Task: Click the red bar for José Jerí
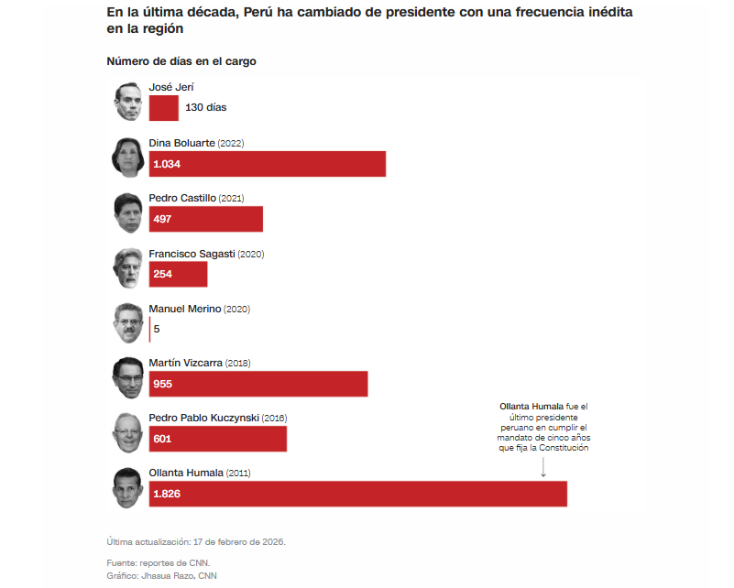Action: coord(163,108)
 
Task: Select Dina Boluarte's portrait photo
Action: coord(128,157)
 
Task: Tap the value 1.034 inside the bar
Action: coord(167,164)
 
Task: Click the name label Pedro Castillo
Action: coord(182,198)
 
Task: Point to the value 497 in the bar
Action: coord(162,219)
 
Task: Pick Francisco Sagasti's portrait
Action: coord(128,267)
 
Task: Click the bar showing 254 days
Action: coord(178,274)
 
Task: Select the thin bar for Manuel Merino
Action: coord(149,329)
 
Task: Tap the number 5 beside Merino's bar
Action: coord(157,329)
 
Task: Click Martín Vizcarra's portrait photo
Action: coord(128,376)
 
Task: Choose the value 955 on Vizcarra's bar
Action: coord(163,384)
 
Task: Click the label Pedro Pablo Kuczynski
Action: coord(204,418)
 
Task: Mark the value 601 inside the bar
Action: coord(162,439)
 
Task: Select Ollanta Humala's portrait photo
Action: coord(128,486)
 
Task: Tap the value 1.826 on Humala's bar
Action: coord(167,494)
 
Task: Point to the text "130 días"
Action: coord(206,107)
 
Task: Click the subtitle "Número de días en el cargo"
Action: coord(181,61)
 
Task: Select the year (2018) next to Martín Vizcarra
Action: coord(237,363)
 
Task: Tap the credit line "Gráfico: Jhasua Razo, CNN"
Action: coord(162,575)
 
